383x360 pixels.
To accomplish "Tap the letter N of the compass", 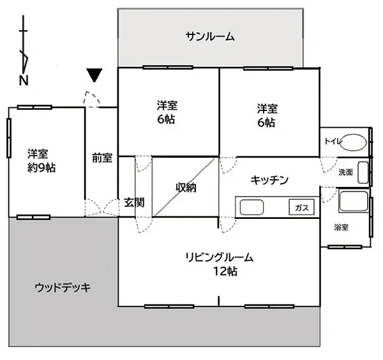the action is point(24,80).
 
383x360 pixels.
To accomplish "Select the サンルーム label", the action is point(210,36).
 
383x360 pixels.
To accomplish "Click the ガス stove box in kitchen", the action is point(301,207).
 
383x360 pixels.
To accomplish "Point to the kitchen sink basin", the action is point(252,207).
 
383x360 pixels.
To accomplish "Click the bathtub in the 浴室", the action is point(354,202).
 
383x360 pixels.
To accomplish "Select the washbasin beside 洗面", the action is point(363,172).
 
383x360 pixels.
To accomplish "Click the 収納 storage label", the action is point(186,188).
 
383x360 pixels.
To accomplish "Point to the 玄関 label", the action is point(134,202).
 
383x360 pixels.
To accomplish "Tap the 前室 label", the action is point(102,158).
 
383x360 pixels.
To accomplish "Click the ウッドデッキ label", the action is point(63,288).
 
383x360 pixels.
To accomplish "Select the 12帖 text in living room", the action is point(225,271).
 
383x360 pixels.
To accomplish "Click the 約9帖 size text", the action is point(41,168).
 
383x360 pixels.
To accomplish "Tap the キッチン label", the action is point(269,180).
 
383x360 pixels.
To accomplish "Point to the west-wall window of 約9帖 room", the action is point(9,138).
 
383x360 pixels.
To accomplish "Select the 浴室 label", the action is point(341,227).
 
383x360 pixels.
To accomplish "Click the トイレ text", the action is point(333,141).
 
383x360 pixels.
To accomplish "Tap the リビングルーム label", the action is point(220,257).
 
